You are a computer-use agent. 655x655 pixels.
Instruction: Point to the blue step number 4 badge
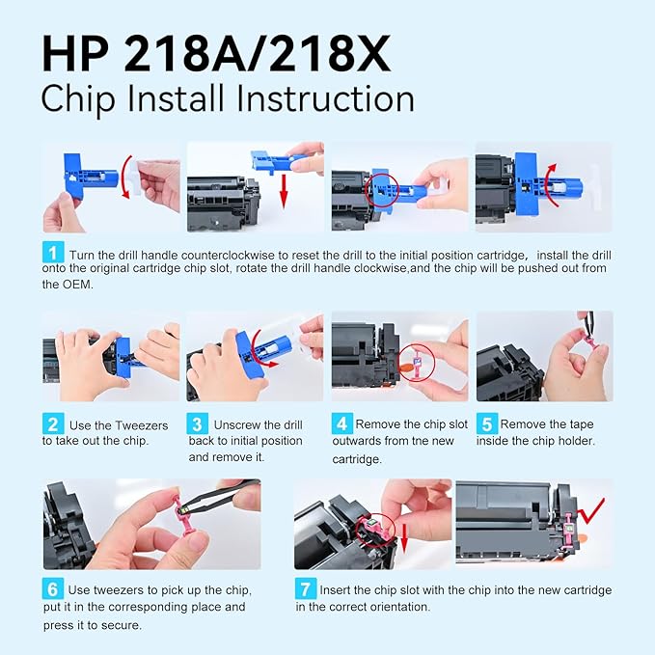point(341,423)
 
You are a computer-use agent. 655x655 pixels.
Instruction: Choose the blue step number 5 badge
point(487,423)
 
